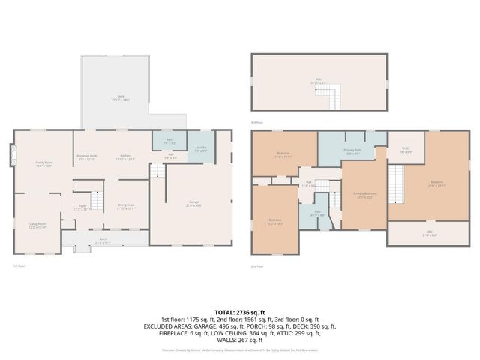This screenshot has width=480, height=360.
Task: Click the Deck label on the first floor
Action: pyautogui.click(x=117, y=97)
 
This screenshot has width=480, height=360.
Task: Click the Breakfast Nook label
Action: pyautogui.click(x=88, y=157)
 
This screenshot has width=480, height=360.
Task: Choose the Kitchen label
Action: pyautogui.click(x=124, y=157)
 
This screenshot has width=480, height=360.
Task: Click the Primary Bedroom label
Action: pyautogui.click(x=364, y=196)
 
